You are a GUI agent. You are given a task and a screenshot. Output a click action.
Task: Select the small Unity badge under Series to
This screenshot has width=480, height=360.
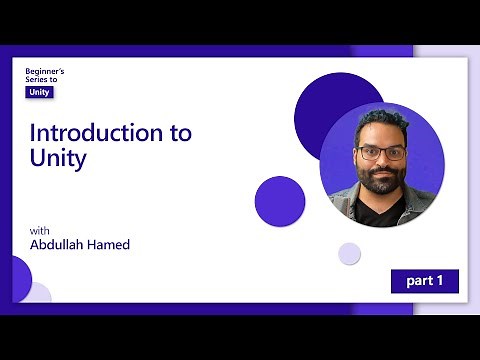[x=40, y=92]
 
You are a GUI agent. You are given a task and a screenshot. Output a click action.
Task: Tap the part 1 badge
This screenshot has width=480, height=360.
[x=424, y=281]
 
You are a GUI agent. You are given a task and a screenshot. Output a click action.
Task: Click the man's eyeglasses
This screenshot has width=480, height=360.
[x=381, y=153]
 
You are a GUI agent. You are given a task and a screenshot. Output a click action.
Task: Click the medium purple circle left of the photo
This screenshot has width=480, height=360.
[x=279, y=200]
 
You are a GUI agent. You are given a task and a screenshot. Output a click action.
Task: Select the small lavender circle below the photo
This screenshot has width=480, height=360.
[x=349, y=253]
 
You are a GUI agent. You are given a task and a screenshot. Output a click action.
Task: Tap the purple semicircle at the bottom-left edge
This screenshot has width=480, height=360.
[x=19, y=279]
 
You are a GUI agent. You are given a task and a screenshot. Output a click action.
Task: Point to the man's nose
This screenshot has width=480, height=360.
[x=381, y=162]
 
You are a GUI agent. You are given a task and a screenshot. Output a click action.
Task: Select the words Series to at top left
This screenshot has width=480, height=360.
[x=44, y=79]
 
